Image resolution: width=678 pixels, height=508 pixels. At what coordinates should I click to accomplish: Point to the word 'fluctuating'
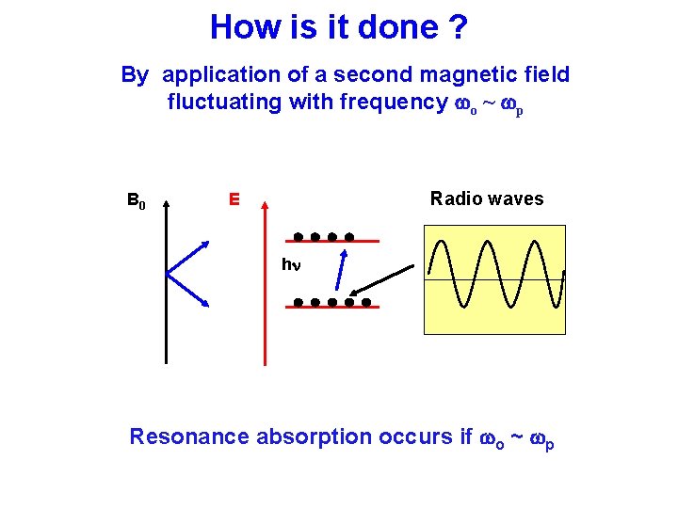point(225,102)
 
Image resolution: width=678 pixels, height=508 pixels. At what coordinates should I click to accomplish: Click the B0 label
point(137,199)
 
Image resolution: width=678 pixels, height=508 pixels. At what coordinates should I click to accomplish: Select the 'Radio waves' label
point(487,198)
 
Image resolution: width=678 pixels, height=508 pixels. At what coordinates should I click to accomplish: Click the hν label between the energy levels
point(291,265)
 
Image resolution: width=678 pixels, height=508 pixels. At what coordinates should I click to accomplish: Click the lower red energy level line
point(330,308)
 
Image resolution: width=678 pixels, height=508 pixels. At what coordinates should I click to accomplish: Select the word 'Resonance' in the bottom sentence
point(189,437)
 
